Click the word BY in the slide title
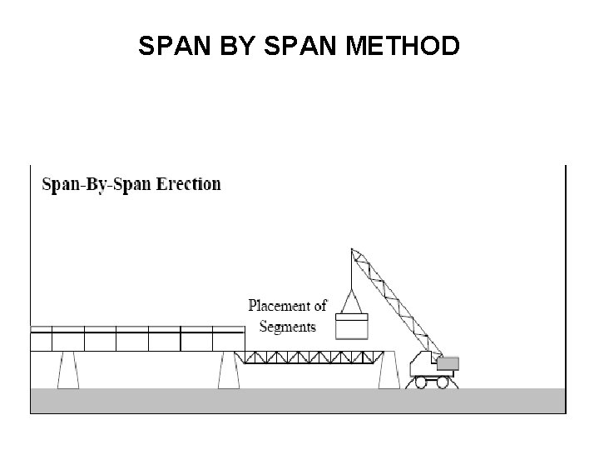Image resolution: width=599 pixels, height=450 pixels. pos(237,47)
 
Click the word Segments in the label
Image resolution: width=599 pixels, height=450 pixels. pos(288,327)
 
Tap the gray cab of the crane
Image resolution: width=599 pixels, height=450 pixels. pos(447,363)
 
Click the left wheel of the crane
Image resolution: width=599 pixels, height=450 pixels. pos(420,382)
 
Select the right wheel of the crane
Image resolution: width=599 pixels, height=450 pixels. pos(442,382)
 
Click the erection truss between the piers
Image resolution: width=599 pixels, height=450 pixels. pos(309,357)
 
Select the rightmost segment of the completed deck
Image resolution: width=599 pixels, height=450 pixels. pos(229,339)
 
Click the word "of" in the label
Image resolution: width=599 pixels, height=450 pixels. pos(319,306)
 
